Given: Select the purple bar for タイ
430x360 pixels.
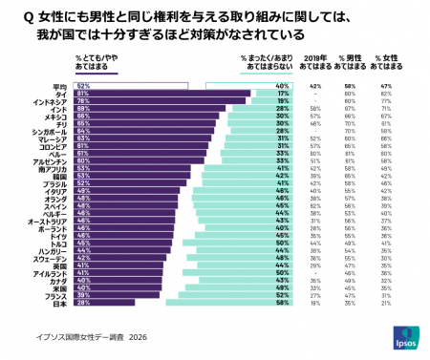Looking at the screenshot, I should click(x=162, y=94).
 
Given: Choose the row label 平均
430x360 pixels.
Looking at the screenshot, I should click(x=59, y=86).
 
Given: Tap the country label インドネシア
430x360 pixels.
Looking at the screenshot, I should click(x=49, y=101).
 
